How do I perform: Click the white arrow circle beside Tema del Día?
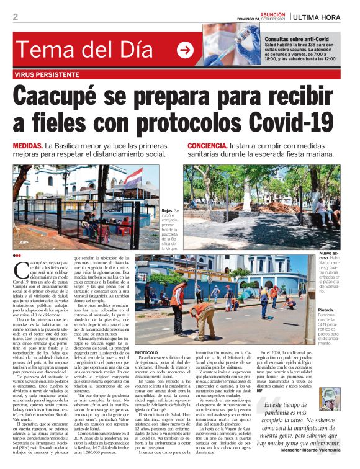(x=185, y=50)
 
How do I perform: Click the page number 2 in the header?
(x=15, y=17)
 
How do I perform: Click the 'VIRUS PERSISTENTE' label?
(x=47, y=74)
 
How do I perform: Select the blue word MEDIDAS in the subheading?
(x=27, y=145)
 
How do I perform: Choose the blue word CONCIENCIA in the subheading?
(x=210, y=145)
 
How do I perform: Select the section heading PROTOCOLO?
(x=146, y=352)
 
